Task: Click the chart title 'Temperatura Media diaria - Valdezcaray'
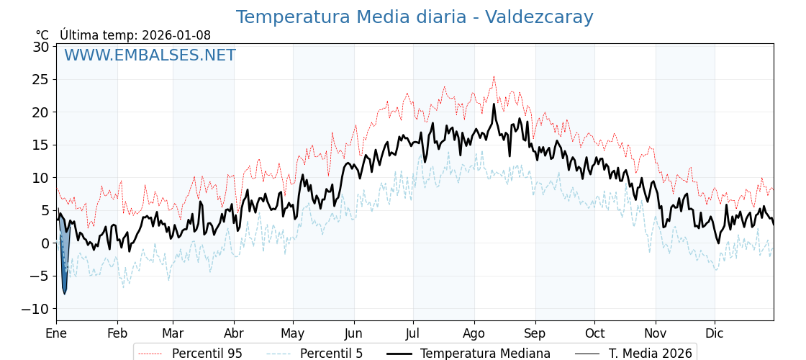(415, 17)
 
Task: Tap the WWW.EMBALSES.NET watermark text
(150, 55)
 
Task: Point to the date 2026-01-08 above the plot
(176, 35)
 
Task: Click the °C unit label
(42, 35)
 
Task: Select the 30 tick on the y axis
(41, 47)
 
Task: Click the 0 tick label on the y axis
(45, 243)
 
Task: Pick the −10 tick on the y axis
(36, 309)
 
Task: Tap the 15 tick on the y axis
(41, 145)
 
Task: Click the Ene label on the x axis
(56, 333)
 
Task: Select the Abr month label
(234, 333)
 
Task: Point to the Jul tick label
(413, 333)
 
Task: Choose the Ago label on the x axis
(474, 333)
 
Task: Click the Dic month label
(715, 333)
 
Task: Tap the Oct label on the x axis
(594, 333)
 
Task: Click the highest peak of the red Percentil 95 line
(494, 76)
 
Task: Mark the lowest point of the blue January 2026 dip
(64, 294)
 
